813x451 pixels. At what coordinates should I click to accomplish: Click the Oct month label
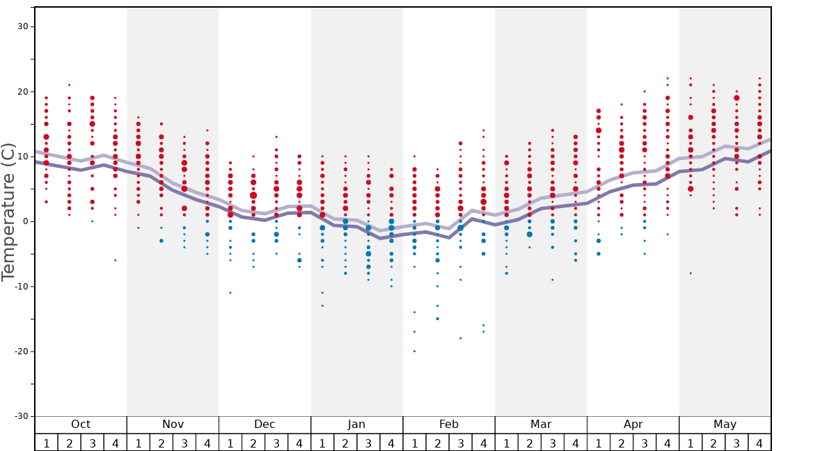(x=81, y=425)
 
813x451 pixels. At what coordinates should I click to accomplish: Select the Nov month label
(x=173, y=425)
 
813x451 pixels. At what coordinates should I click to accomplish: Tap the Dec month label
(x=265, y=425)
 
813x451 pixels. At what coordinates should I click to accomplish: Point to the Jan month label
(x=356, y=425)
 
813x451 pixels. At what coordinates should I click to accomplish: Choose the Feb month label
(x=449, y=425)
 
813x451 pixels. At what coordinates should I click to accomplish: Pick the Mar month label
(x=541, y=425)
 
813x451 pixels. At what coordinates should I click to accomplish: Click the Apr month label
(x=633, y=425)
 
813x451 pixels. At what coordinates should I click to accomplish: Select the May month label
(x=725, y=425)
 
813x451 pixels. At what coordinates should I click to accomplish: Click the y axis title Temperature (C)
(x=8, y=212)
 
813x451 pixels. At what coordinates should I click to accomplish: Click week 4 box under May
(x=759, y=443)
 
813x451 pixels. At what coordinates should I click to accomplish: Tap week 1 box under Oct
(x=46, y=443)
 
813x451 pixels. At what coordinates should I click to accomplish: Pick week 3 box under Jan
(x=368, y=443)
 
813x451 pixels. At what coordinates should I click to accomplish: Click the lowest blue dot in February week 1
(x=414, y=351)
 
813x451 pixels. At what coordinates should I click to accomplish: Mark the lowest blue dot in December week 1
(x=230, y=292)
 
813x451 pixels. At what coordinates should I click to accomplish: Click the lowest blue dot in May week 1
(x=690, y=273)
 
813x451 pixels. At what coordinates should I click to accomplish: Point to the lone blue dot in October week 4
(x=116, y=260)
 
